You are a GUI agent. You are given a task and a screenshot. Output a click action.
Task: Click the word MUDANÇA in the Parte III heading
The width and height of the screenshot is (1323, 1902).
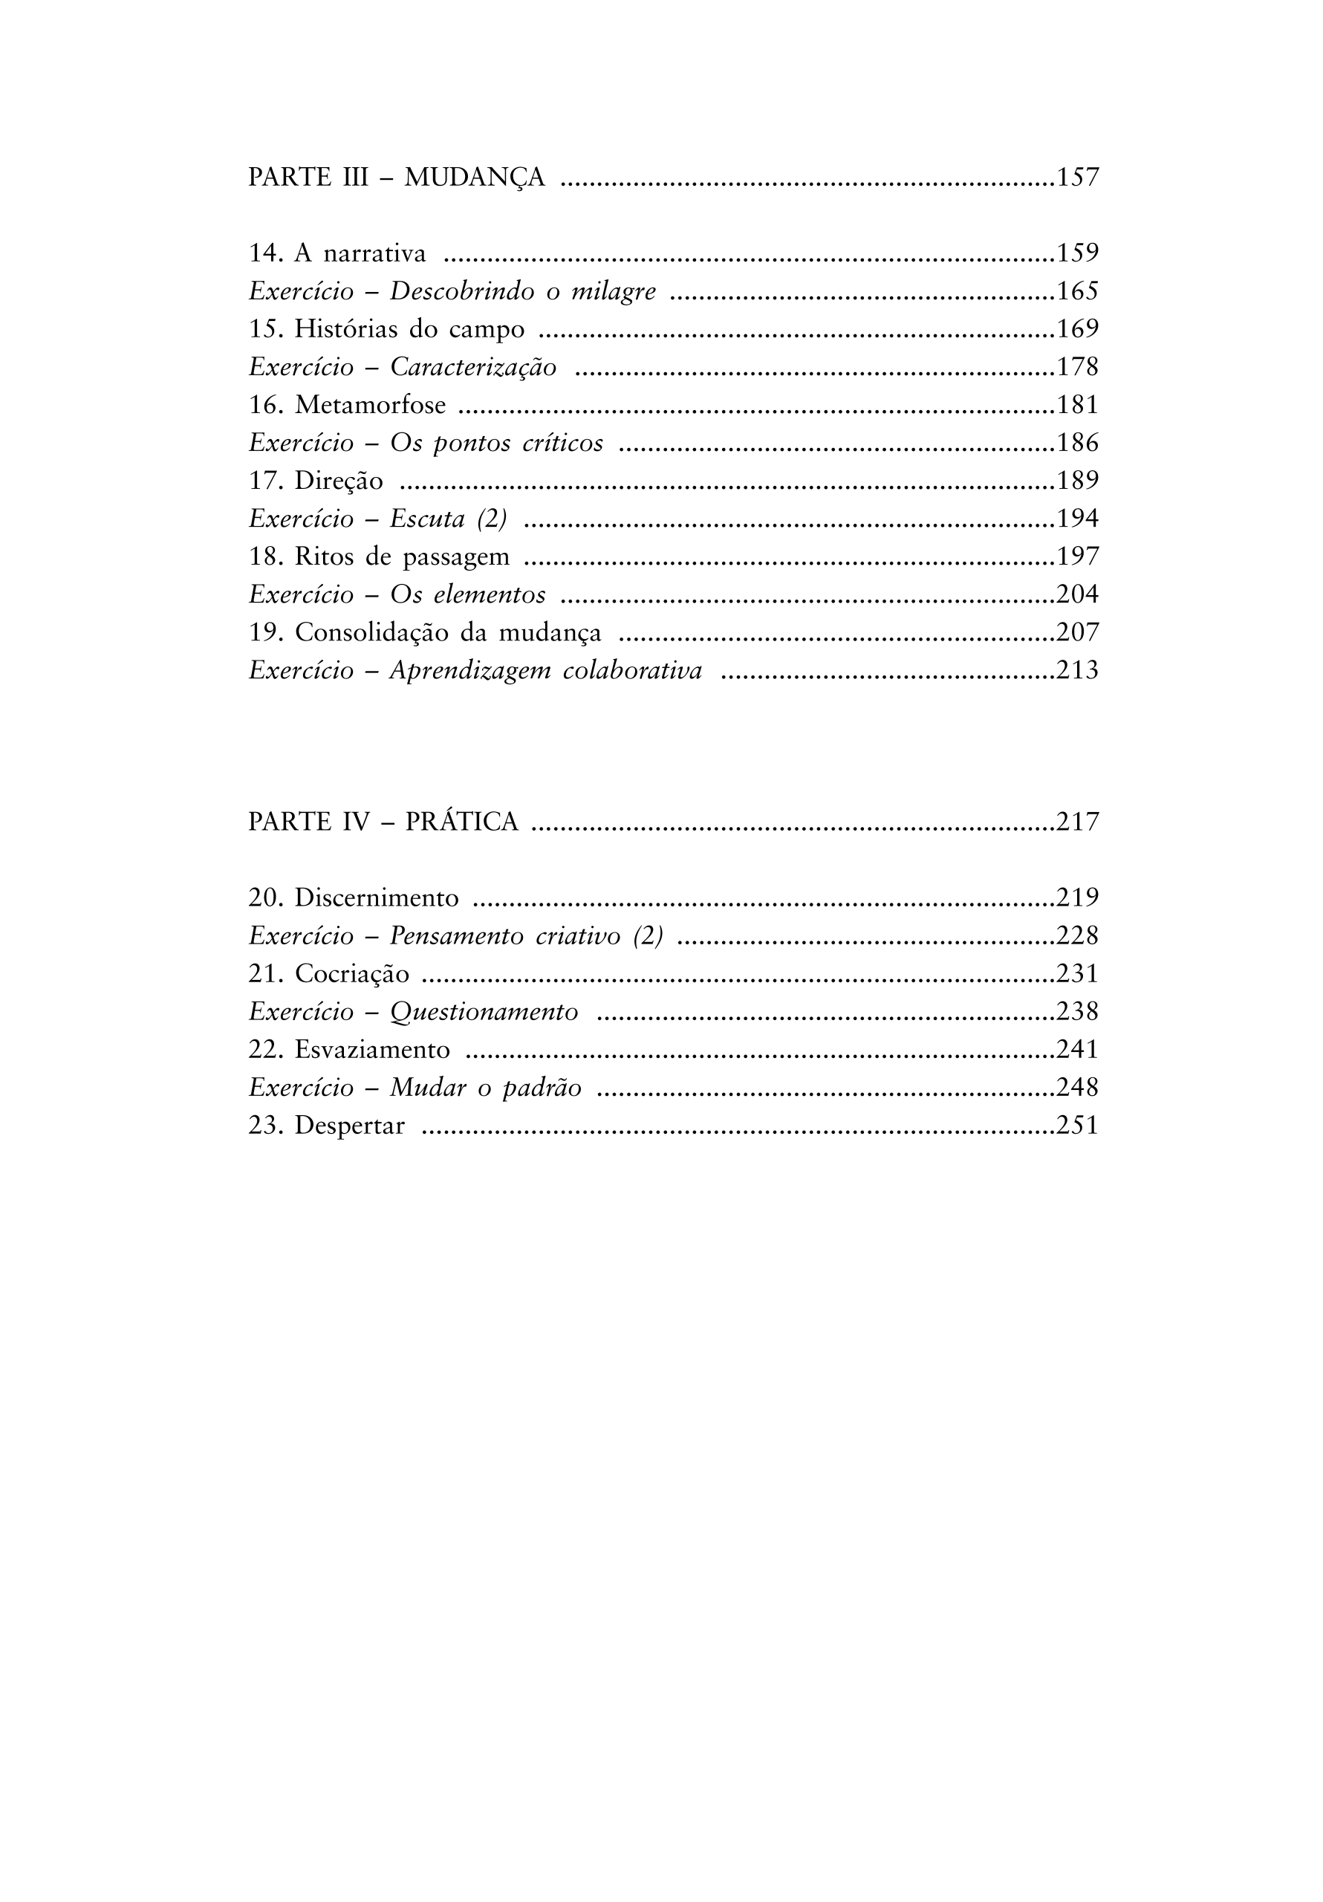click(x=475, y=178)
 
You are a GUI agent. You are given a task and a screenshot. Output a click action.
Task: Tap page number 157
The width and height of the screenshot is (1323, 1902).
click(x=1077, y=178)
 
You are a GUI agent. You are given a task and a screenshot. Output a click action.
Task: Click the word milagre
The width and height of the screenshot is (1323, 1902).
click(x=614, y=291)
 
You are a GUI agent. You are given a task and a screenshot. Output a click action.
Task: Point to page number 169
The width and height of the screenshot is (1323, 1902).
click(x=1077, y=330)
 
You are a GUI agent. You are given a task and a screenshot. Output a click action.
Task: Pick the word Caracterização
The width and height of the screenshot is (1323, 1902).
click(x=473, y=367)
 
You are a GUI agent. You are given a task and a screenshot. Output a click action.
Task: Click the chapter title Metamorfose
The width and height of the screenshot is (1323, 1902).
click(x=371, y=405)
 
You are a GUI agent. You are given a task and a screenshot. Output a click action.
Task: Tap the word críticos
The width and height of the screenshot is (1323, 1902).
click(x=562, y=444)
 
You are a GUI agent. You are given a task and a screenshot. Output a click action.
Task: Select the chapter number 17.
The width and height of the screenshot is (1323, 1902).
click(x=266, y=481)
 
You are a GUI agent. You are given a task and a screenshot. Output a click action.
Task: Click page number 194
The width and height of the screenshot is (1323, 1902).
click(x=1077, y=519)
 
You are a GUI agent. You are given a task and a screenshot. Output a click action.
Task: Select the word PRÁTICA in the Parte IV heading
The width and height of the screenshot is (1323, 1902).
click(x=461, y=822)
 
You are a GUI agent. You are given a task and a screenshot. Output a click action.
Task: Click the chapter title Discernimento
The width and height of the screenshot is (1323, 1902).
click(x=376, y=898)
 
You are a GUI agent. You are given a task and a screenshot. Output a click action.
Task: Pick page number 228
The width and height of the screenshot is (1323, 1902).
click(x=1077, y=936)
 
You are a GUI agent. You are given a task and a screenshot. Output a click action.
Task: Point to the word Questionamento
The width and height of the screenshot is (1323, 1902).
click(x=484, y=1013)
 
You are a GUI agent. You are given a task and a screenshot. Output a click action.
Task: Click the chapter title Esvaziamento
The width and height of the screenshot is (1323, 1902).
click(x=372, y=1051)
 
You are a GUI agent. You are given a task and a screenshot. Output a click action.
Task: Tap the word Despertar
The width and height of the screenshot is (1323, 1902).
click(x=350, y=1126)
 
